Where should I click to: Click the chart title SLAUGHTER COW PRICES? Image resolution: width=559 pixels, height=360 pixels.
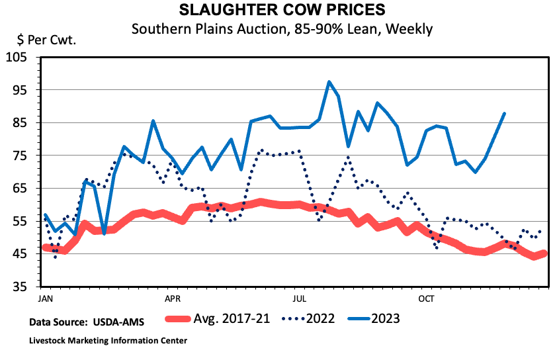point(281,11)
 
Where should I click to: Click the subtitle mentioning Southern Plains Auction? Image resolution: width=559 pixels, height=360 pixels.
point(281,29)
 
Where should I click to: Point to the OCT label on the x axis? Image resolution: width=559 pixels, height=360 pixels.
point(425,298)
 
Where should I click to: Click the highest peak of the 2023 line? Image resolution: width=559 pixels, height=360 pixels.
point(329,82)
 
